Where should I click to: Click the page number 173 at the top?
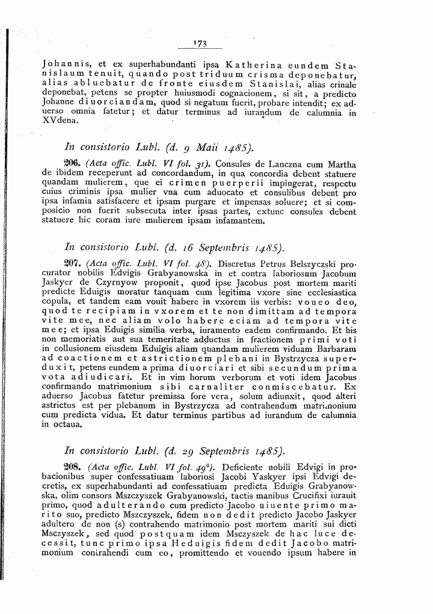200,43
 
